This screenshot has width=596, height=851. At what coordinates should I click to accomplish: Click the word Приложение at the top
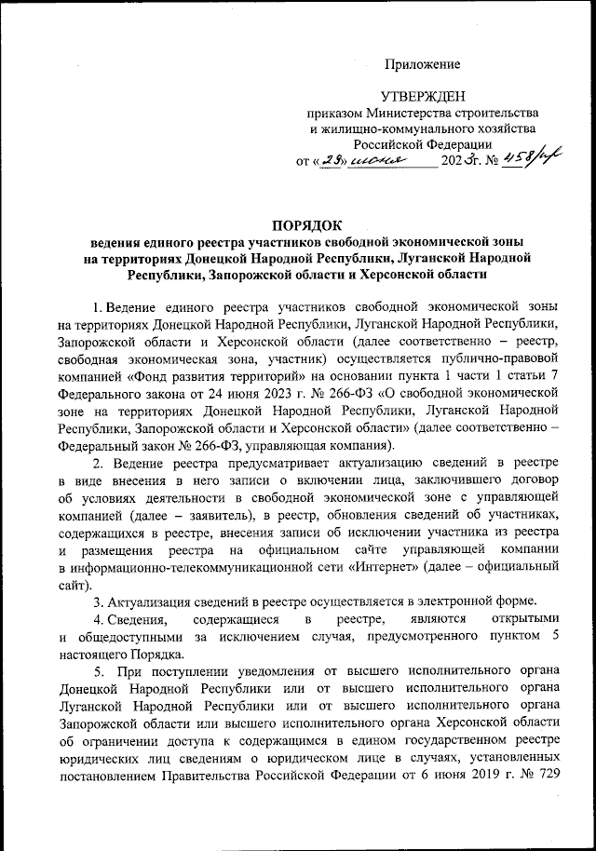tap(424, 63)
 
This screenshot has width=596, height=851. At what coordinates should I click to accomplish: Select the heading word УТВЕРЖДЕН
tap(424, 95)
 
